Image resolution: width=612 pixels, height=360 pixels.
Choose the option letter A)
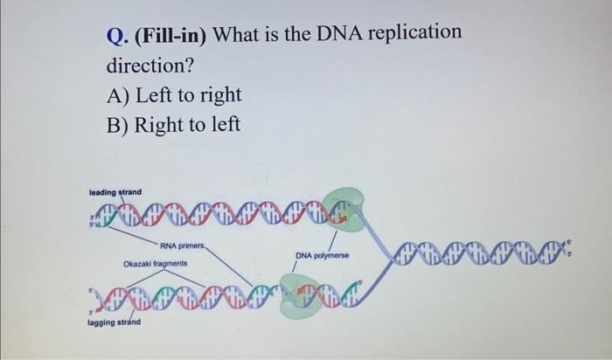click(x=120, y=95)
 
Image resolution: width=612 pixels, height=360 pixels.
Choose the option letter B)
click(x=120, y=125)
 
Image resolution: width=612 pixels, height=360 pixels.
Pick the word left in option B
click(x=223, y=125)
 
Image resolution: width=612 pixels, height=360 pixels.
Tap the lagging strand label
click(x=114, y=323)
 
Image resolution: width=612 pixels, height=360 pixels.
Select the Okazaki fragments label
click(x=154, y=261)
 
